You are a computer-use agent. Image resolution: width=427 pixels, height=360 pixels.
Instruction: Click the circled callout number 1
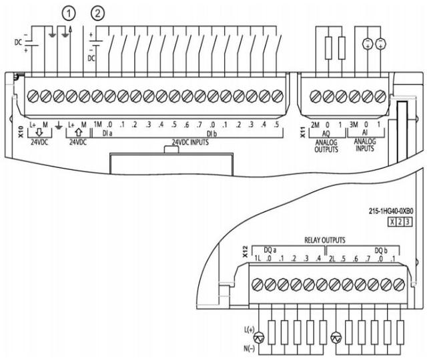click(x=67, y=12)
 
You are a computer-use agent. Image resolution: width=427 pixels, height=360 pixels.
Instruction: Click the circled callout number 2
click(x=98, y=12)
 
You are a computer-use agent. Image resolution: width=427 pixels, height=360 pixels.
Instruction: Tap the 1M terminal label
click(x=97, y=123)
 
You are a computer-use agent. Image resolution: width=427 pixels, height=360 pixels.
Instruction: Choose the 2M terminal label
click(x=314, y=123)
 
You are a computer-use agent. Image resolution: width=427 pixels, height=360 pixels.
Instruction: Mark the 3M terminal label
click(x=355, y=123)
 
